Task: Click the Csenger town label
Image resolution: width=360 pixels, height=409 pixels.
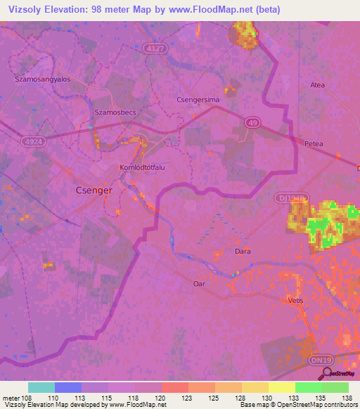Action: pyautogui.click(x=94, y=190)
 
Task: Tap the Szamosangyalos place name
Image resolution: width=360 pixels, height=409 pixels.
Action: pyautogui.click(x=42, y=79)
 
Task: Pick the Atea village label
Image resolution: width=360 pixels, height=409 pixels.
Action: pyautogui.click(x=318, y=85)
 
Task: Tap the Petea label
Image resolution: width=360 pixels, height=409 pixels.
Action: pyautogui.click(x=314, y=143)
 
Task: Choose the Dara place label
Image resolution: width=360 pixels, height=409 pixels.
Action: pyautogui.click(x=243, y=251)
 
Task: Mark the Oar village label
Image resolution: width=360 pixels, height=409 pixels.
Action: pyautogui.click(x=199, y=283)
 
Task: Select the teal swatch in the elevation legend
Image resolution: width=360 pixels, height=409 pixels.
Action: pyautogui.click(x=41, y=387)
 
